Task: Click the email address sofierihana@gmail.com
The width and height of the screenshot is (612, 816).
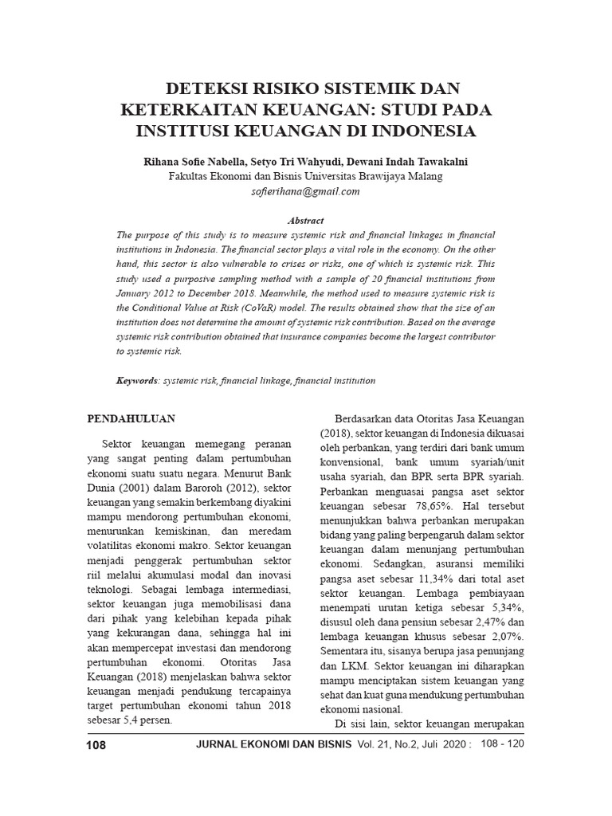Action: coord(306,191)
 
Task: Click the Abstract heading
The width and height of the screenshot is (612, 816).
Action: coord(306,220)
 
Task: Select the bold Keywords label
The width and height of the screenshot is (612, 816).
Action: coord(137,381)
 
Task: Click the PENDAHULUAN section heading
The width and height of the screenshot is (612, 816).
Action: coord(131,418)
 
